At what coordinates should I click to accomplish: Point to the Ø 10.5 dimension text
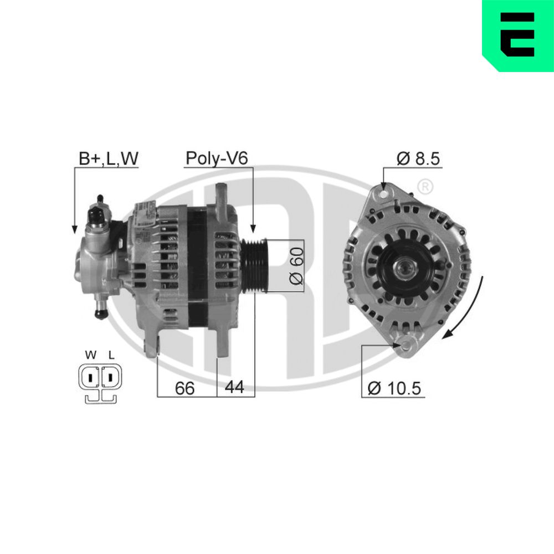click(394, 388)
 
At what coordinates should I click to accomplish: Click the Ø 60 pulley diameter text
click(296, 265)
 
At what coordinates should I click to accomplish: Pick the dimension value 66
click(184, 388)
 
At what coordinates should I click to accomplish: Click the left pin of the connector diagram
click(89, 378)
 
